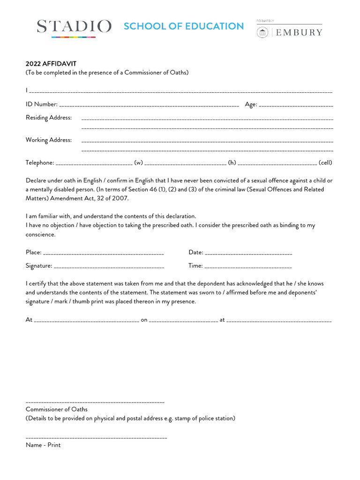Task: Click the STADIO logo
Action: point(74,27)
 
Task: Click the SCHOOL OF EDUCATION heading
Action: point(184,26)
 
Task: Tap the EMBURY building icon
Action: point(262,32)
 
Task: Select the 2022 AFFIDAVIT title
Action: point(51,64)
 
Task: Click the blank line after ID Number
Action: point(149,105)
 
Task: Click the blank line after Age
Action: point(296,105)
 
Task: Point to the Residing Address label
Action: point(49,118)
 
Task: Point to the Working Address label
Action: point(49,140)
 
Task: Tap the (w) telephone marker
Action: point(138,163)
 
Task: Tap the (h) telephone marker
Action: point(232,163)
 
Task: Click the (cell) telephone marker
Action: point(325,163)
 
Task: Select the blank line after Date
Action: point(248,253)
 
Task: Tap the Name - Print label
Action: point(43,445)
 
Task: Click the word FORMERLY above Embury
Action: point(265,21)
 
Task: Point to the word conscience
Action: point(40,234)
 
